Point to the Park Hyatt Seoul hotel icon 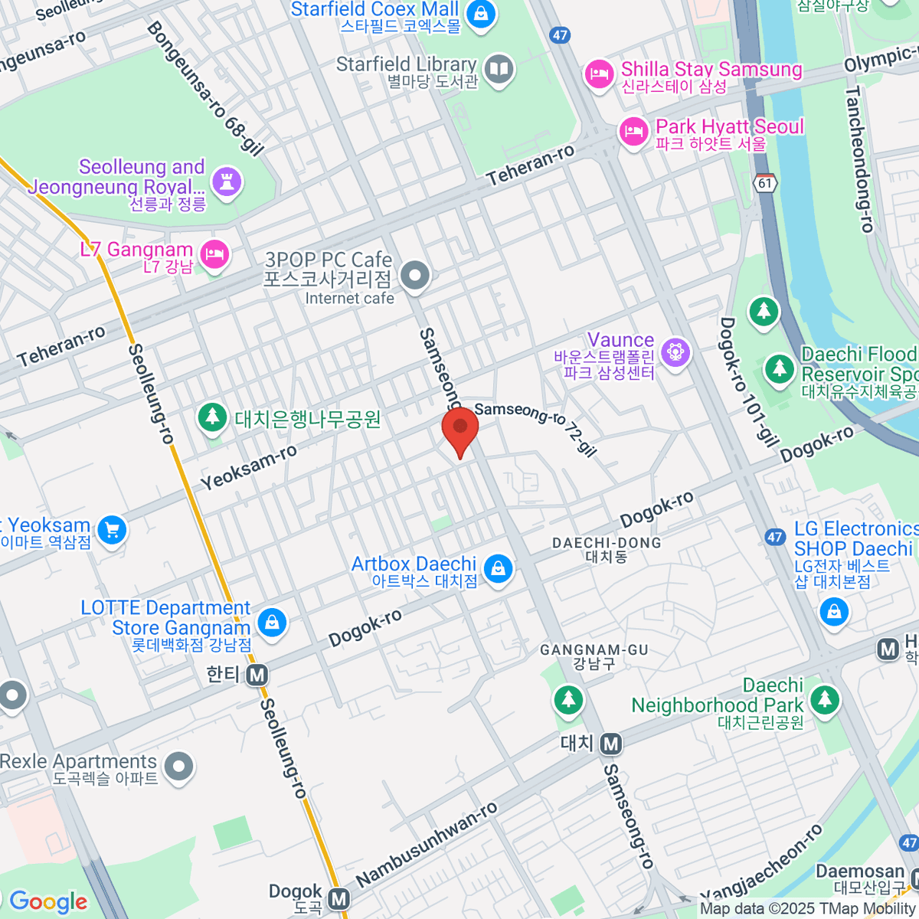633,132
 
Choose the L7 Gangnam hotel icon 214,254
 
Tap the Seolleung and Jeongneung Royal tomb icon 227,182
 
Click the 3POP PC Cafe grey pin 415,275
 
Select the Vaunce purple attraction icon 675,353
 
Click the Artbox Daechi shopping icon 498,570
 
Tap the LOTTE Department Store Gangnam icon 271,623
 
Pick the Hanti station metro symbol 257,675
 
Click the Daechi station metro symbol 610,744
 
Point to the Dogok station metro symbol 338,899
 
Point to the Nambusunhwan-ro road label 427,845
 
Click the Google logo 47,901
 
